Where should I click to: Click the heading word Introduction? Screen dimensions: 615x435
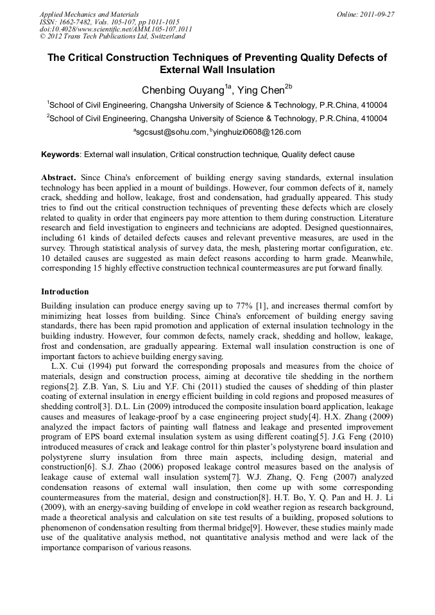(65, 291)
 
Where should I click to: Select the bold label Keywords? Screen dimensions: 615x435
(60, 155)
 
